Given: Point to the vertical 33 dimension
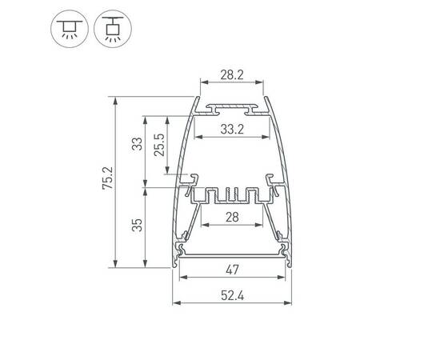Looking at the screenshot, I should pyautogui.click(x=137, y=144).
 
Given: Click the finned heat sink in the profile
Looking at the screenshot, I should pyautogui.click(x=230, y=194).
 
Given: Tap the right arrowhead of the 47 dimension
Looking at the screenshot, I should pyautogui.click(x=285, y=278).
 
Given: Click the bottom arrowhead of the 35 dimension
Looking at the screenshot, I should pyautogui.click(x=145, y=264).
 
